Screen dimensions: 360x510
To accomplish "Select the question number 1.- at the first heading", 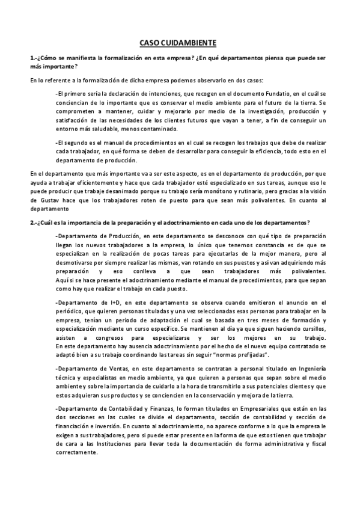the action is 34,58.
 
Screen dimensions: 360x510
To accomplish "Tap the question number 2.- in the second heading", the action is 34,222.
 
